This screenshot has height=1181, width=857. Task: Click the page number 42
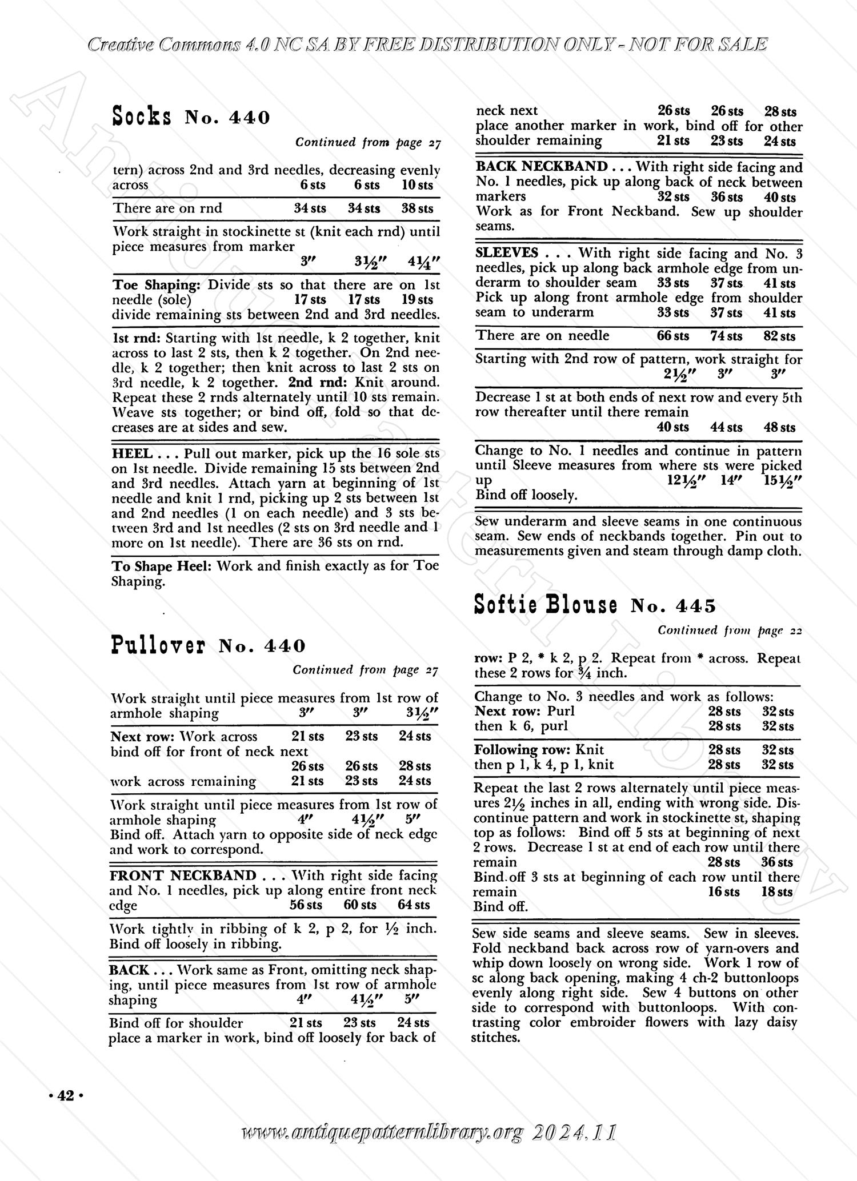pos(66,1095)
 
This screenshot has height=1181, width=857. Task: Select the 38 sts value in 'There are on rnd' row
pos(417,208)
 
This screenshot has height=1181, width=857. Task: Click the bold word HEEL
pos(131,453)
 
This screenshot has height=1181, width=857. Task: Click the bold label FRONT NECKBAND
pos(183,875)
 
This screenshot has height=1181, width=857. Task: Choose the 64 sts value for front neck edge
pos(414,905)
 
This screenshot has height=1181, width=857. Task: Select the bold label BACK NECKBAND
pos(542,167)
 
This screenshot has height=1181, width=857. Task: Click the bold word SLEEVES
pos(507,253)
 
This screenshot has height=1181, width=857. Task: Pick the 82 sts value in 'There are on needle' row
pos(779,336)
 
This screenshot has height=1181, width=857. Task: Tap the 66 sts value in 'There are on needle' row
pos(672,336)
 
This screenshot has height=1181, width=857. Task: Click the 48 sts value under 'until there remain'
pos(779,427)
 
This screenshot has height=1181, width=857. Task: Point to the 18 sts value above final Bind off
pos(777,891)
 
